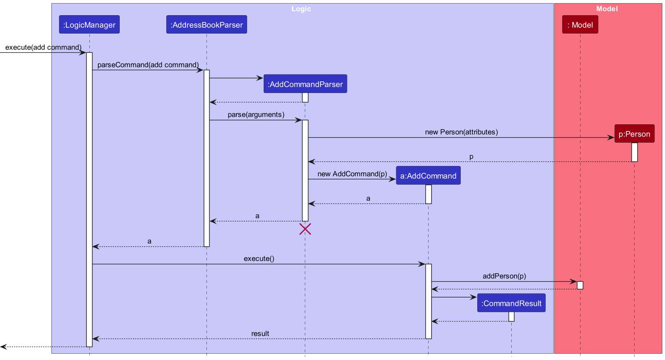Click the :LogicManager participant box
(x=89, y=25)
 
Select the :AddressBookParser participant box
(x=206, y=25)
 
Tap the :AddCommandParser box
(x=305, y=84)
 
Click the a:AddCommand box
(x=428, y=176)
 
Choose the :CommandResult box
(x=511, y=304)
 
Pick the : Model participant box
(x=580, y=25)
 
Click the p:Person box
(x=634, y=134)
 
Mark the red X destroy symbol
(x=305, y=229)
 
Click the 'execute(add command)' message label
(x=43, y=47)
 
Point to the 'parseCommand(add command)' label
(x=148, y=64)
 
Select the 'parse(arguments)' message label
(x=256, y=114)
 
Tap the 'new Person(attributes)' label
(x=461, y=132)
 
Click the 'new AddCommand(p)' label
(x=352, y=174)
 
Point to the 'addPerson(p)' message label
(x=504, y=276)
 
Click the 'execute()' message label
(x=259, y=258)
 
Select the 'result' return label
(x=260, y=334)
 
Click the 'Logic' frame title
(x=301, y=8)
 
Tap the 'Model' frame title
(x=607, y=8)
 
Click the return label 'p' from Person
(x=471, y=157)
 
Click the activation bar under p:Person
(x=634, y=152)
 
